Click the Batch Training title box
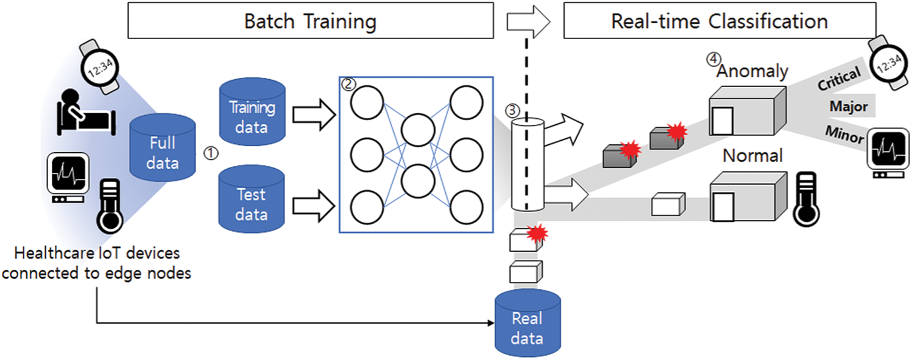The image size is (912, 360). (x=311, y=20)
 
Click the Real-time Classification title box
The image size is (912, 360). (x=719, y=20)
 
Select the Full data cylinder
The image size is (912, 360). (x=163, y=147)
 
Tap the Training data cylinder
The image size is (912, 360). (x=252, y=111)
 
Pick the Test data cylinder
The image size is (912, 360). (x=252, y=199)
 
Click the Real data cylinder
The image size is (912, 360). (x=528, y=323)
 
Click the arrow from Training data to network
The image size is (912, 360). (x=314, y=115)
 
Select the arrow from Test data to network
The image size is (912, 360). (x=314, y=206)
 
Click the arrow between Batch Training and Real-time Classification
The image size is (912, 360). (x=528, y=21)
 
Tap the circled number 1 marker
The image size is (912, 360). (x=211, y=154)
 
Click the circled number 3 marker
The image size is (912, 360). (x=512, y=110)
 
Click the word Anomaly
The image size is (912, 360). (x=752, y=71)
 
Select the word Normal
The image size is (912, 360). (x=752, y=155)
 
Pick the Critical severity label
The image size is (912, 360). (x=839, y=78)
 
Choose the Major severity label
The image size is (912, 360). (x=849, y=106)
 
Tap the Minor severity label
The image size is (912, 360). (x=844, y=135)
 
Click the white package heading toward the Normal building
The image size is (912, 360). (x=668, y=203)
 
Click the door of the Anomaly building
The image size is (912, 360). (x=723, y=121)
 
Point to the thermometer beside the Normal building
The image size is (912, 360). (x=806, y=199)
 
